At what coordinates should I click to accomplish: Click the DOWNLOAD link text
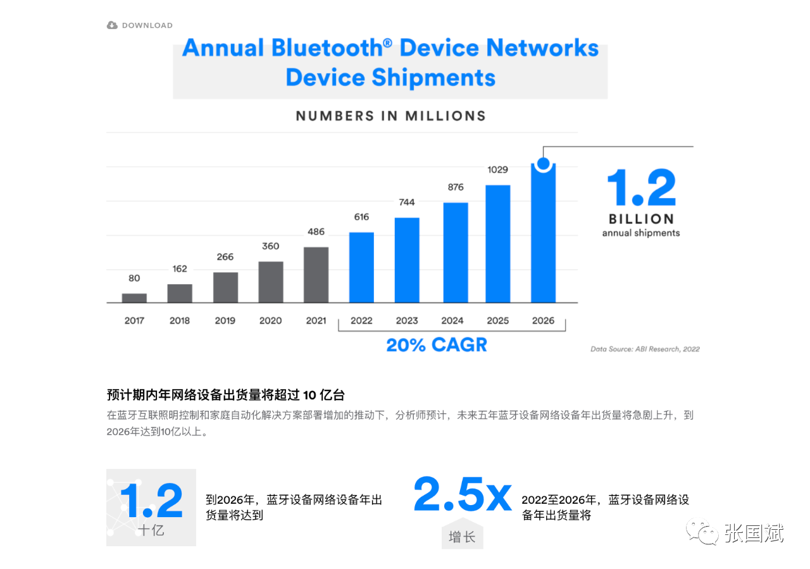click(147, 25)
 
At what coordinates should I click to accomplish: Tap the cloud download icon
click(112, 25)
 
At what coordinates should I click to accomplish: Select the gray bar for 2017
click(134, 297)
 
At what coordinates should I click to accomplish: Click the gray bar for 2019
click(225, 287)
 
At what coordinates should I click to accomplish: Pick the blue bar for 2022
click(361, 267)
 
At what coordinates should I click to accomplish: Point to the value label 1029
click(497, 170)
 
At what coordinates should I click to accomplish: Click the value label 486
click(316, 232)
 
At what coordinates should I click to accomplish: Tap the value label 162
click(180, 268)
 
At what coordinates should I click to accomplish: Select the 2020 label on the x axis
click(270, 320)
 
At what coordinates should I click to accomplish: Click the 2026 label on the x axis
click(543, 320)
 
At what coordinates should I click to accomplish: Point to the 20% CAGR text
click(437, 345)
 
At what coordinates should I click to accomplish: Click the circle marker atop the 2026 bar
click(543, 163)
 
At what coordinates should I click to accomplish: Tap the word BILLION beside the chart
click(641, 219)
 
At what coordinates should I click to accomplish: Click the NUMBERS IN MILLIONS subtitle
click(390, 116)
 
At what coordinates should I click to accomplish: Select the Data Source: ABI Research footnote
click(645, 349)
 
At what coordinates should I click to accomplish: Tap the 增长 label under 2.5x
click(462, 537)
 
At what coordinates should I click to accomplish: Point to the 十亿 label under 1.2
click(151, 530)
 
